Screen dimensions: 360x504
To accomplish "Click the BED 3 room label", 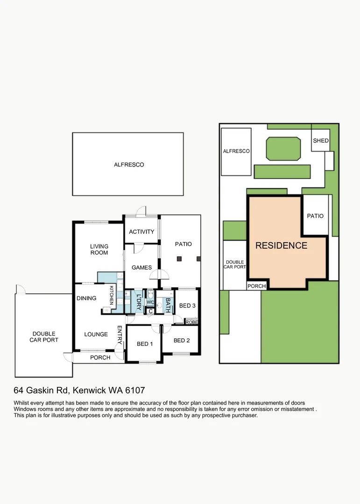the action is click(187, 305).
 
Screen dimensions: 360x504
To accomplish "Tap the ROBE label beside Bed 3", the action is click(192, 322).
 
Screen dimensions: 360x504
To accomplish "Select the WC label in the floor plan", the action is click(150, 302).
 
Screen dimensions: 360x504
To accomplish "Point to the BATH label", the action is click(168, 305).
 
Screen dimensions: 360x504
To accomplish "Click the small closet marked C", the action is click(150, 311).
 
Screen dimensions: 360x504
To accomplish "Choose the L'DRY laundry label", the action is click(139, 302).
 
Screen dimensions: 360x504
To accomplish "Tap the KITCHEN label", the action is click(112, 295).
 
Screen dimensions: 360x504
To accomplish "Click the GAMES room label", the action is click(141, 267).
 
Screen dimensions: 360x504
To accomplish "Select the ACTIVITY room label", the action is click(141, 231).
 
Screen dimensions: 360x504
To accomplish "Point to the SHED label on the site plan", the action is click(321, 140).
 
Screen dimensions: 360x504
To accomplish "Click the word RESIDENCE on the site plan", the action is click(281, 245).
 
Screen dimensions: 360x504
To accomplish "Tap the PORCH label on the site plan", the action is click(257, 286).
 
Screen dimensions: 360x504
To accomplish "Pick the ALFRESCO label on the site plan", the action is click(236, 151).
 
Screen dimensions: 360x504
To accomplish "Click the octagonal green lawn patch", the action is click(283, 149).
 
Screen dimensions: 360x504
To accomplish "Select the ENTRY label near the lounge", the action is click(120, 335).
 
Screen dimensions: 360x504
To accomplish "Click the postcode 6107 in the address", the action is click(135, 390).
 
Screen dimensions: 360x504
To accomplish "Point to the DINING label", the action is click(86, 298).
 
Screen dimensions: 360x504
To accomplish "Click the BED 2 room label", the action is click(182, 340).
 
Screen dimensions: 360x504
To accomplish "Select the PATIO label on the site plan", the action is click(315, 216).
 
